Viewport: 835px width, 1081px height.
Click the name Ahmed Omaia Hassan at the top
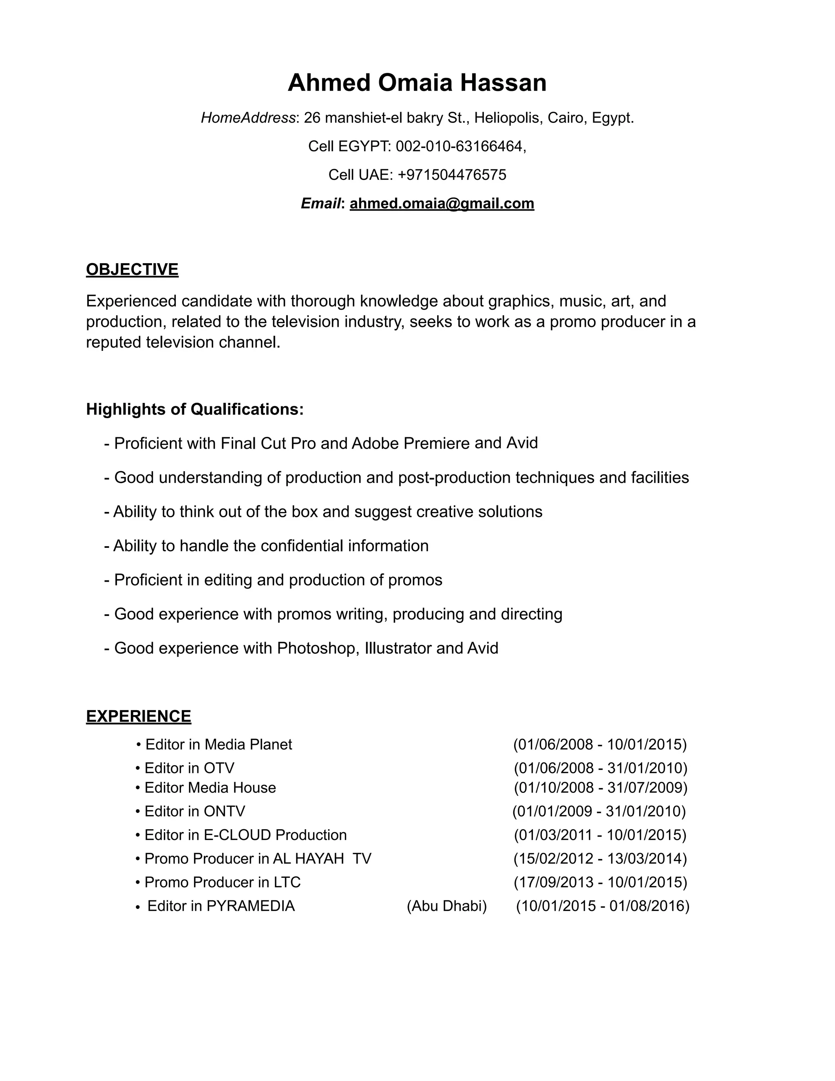(x=417, y=83)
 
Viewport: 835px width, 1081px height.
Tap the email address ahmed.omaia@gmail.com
(x=442, y=204)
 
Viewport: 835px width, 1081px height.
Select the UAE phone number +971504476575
(x=452, y=175)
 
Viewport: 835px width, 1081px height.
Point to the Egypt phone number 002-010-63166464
(x=459, y=146)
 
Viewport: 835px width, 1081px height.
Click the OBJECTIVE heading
(x=132, y=269)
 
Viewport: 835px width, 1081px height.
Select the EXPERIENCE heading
(x=139, y=716)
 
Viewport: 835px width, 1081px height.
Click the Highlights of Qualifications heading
(x=194, y=409)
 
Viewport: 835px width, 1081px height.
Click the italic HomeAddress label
(x=248, y=118)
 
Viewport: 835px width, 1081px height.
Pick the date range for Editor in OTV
(x=601, y=768)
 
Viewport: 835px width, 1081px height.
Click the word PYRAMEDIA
(x=250, y=906)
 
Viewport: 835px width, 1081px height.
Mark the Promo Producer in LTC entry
(x=222, y=882)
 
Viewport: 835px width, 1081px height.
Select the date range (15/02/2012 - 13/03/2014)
(x=600, y=858)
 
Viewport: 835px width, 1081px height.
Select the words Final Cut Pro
(x=268, y=443)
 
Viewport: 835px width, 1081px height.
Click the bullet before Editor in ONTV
(x=137, y=812)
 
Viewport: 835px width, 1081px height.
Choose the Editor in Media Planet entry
(x=218, y=744)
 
